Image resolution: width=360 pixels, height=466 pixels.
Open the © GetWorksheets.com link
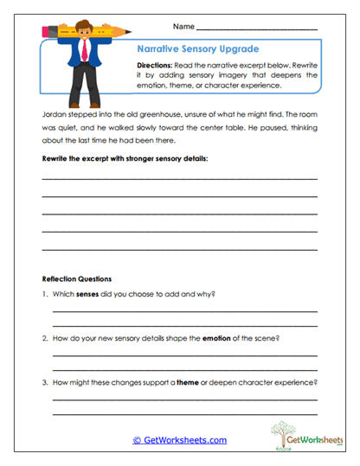point(179,440)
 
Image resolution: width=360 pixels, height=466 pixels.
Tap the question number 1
point(44,294)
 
